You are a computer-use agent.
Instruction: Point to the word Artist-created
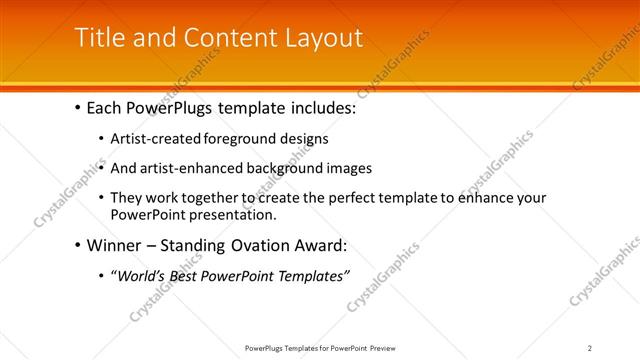[155, 138]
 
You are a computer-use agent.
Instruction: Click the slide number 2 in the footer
[590, 347]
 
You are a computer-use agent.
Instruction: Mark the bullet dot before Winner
[77, 245]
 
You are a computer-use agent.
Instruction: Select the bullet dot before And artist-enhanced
[102, 168]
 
